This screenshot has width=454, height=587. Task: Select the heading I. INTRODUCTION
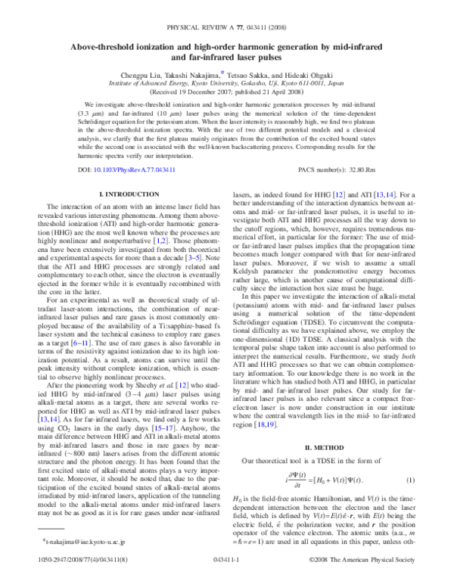(x=124, y=194)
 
